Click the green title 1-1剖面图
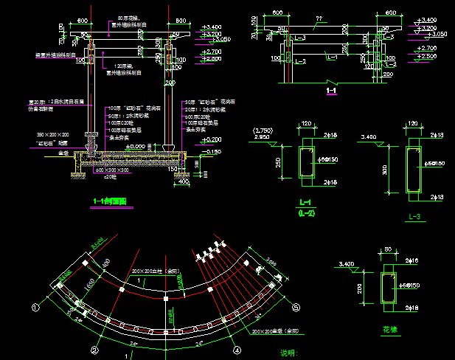coord(109,201)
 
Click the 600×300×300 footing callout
coord(111,170)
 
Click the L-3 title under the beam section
coord(414,216)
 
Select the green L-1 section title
coord(305,202)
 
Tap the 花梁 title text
coord(389,329)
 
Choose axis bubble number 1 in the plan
coord(34,305)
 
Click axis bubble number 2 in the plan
coord(94,350)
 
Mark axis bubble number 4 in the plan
coord(237,349)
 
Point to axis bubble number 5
coord(296,308)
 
